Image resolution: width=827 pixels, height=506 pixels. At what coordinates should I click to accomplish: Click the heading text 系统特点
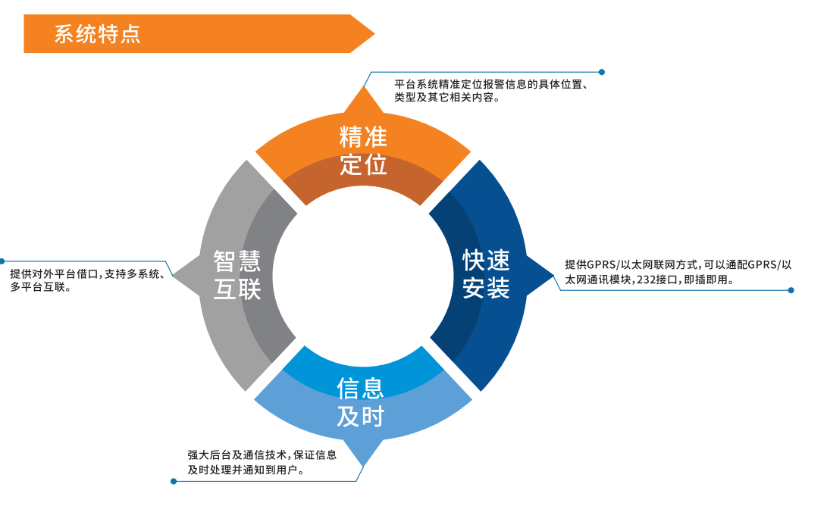[x=97, y=34]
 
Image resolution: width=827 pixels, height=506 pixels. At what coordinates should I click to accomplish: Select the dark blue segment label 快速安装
[x=486, y=273]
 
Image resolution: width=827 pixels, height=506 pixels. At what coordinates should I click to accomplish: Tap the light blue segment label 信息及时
[x=361, y=401]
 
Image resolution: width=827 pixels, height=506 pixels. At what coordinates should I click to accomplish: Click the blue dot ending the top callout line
[x=602, y=73]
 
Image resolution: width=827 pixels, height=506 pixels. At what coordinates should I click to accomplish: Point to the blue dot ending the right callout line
[x=791, y=290]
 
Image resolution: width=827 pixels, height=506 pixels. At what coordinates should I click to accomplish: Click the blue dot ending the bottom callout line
[x=174, y=481]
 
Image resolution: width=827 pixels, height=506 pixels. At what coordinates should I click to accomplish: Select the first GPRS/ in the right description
[x=604, y=265]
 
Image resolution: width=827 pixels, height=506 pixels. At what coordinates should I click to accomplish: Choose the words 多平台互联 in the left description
[x=36, y=288]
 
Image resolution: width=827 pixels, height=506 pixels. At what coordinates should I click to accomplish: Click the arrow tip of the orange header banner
[x=374, y=34]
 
